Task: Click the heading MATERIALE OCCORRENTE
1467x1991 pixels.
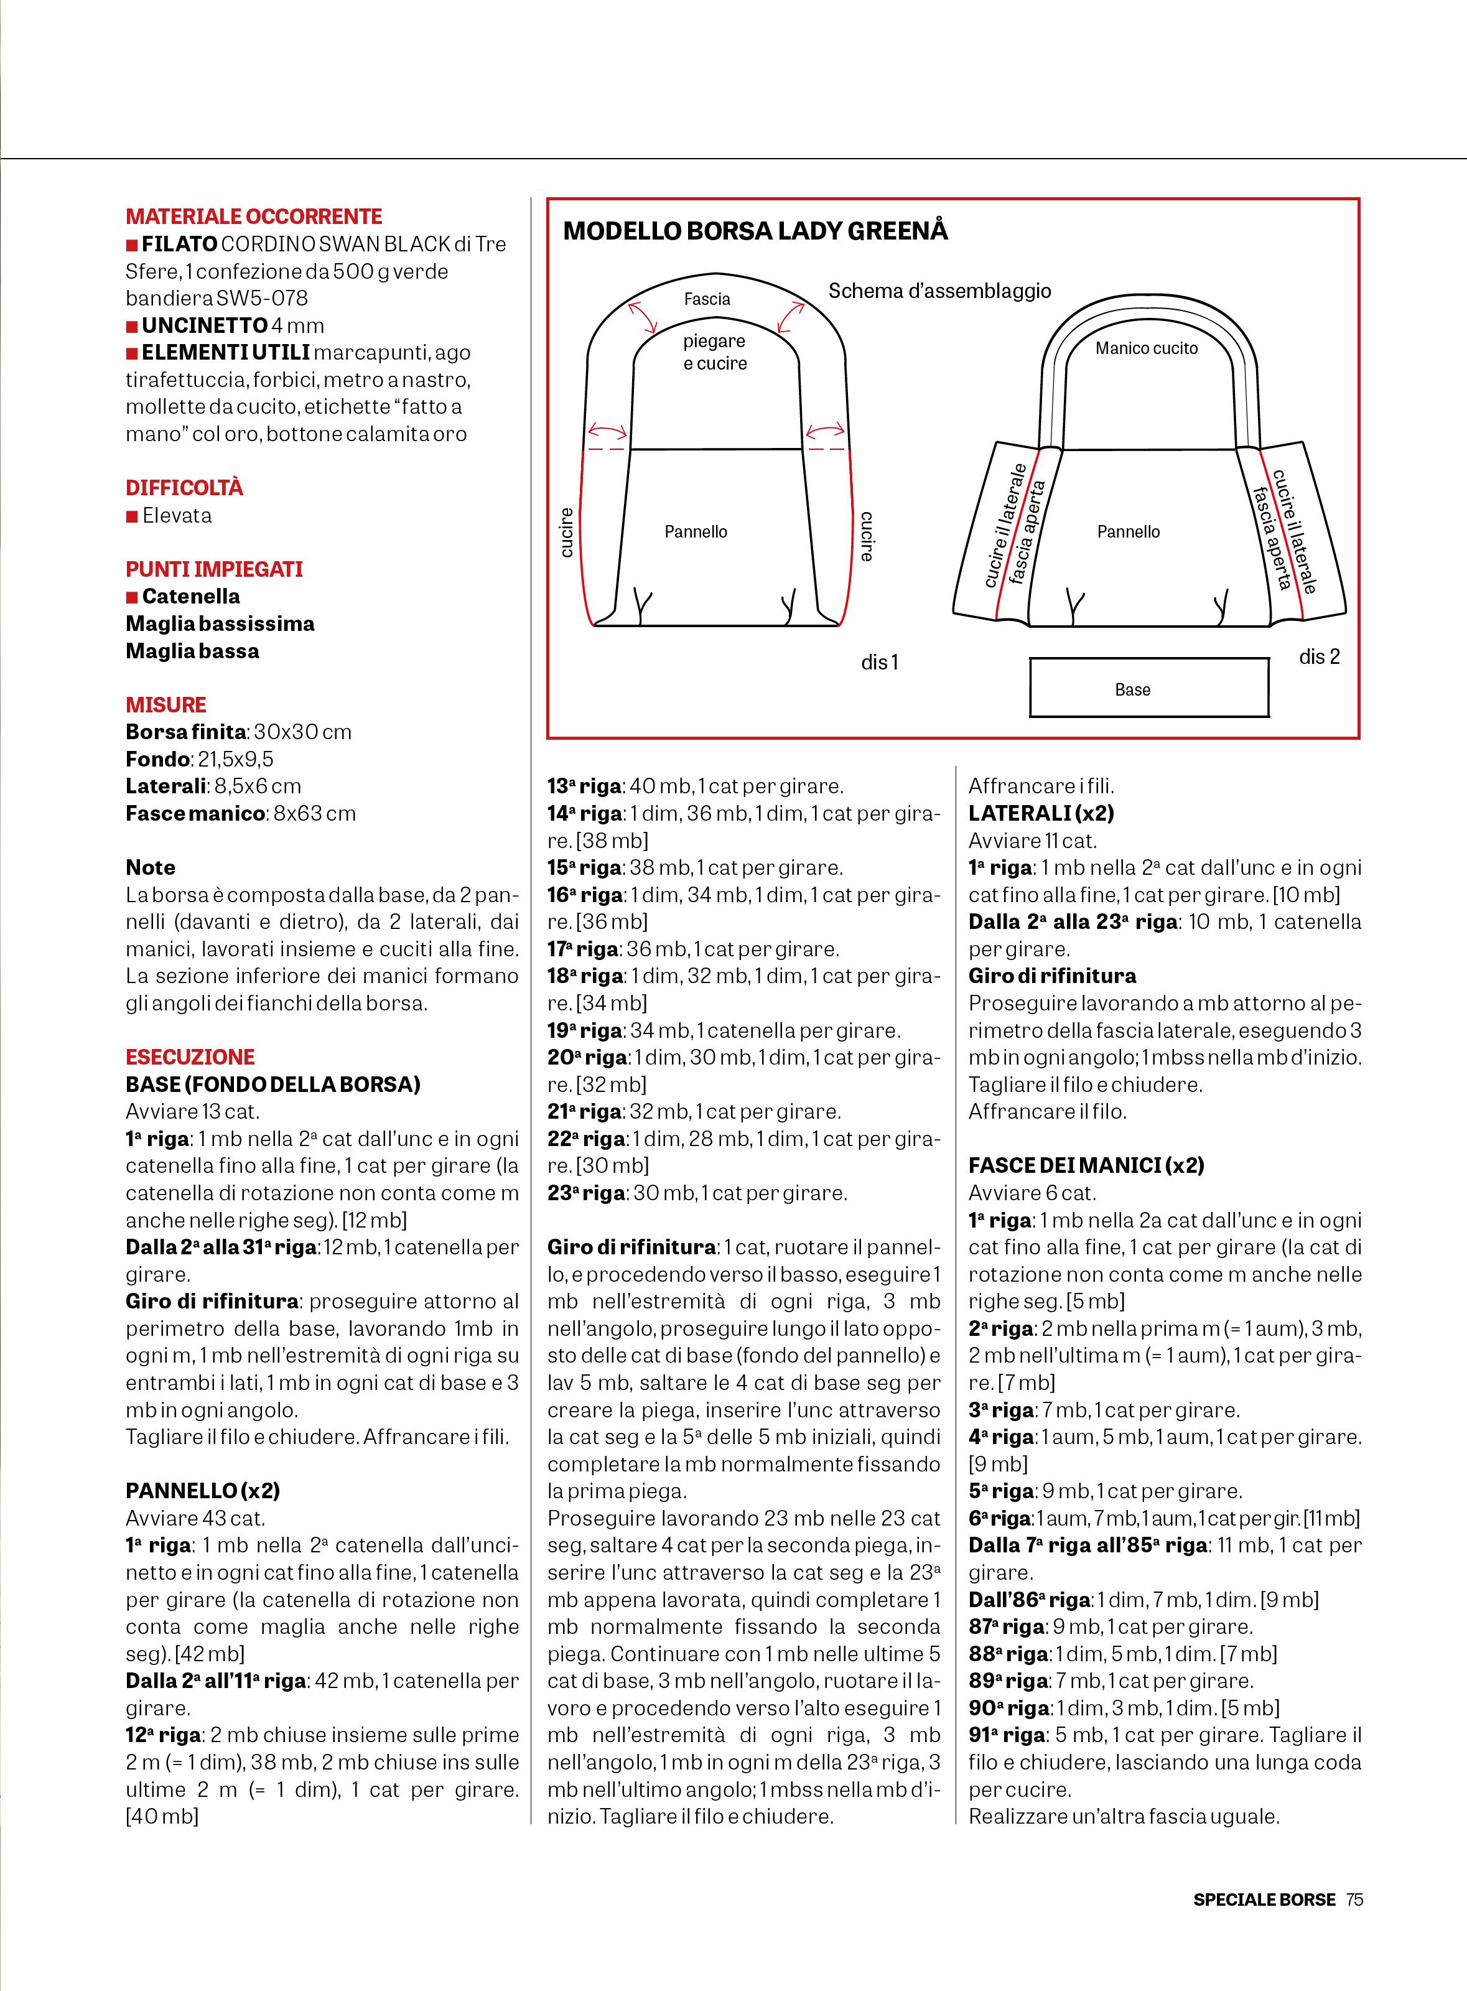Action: [x=253, y=216]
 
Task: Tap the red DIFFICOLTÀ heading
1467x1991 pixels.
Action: [x=184, y=488]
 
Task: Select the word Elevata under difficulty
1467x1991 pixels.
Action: [x=177, y=515]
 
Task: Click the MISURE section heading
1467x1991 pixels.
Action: [x=166, y=704]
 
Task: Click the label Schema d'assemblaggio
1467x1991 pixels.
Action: [x=939, y=291]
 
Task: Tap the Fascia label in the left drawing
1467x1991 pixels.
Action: [x=707, y=299]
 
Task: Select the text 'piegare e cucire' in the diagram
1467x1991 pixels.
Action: [x=715, y=352]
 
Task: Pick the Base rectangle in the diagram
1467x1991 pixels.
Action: [x=1149, y=688]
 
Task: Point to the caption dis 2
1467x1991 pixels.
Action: [x=1319, y=656]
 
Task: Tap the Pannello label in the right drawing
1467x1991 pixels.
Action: [x=1128, y=531]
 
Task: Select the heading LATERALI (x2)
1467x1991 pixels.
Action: [x=1041, y=813]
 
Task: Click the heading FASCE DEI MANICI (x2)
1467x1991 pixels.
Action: [x=1086, y=1165]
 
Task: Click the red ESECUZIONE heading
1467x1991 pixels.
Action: [x=190, y=1056]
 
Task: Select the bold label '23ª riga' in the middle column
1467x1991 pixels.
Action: [x=586, y=1193]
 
